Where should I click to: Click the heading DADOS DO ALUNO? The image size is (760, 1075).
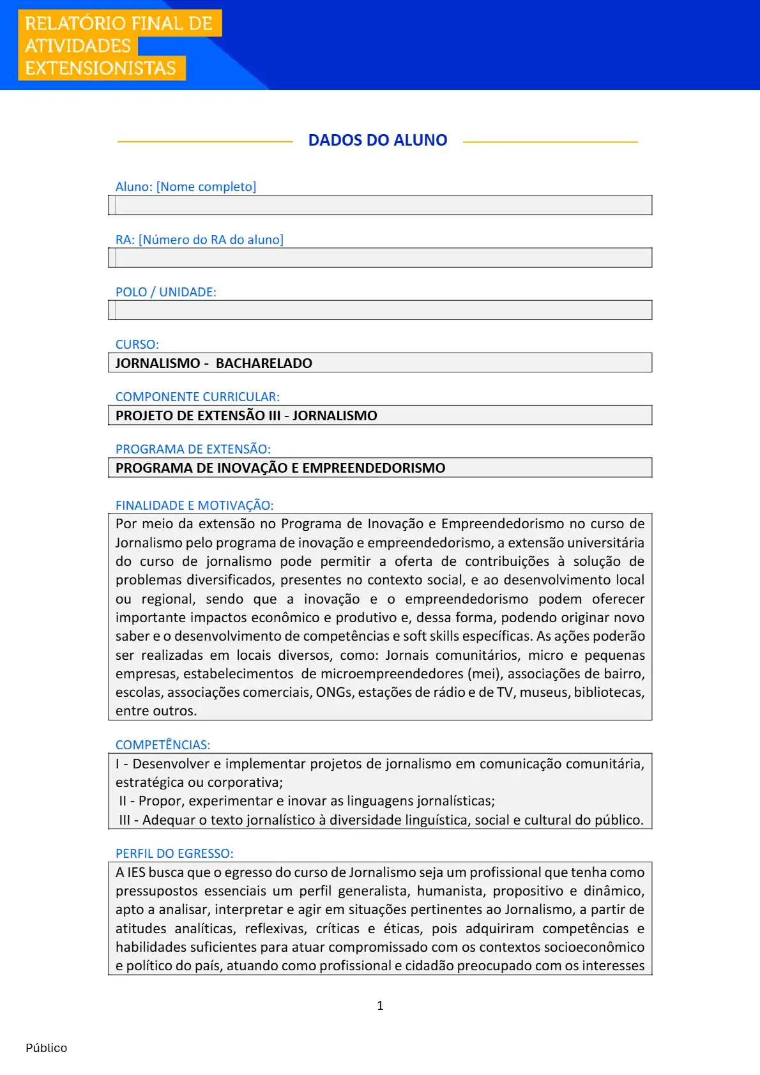[377, 141]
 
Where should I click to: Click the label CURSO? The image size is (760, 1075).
[137, 344]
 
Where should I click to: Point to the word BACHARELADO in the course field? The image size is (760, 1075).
[264, 363]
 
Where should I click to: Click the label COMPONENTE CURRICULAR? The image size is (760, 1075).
[197, 397]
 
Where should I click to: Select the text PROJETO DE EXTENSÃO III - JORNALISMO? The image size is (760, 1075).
[247, 416]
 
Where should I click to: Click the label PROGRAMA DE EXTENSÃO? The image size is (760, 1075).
[193, 449]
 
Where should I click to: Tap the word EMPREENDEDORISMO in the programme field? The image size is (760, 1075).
[374, 468]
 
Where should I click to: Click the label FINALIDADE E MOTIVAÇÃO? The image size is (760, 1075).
[194, 505]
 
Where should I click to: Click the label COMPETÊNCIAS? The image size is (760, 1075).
[163, 745]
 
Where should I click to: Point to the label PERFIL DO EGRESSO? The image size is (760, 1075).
[174, 853]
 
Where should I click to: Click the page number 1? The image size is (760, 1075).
[380, 1005]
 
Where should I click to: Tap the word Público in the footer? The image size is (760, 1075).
[46, 1048]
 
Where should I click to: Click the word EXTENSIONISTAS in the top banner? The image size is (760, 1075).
[100, 68]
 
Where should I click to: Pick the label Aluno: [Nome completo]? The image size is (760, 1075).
[186, 187]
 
